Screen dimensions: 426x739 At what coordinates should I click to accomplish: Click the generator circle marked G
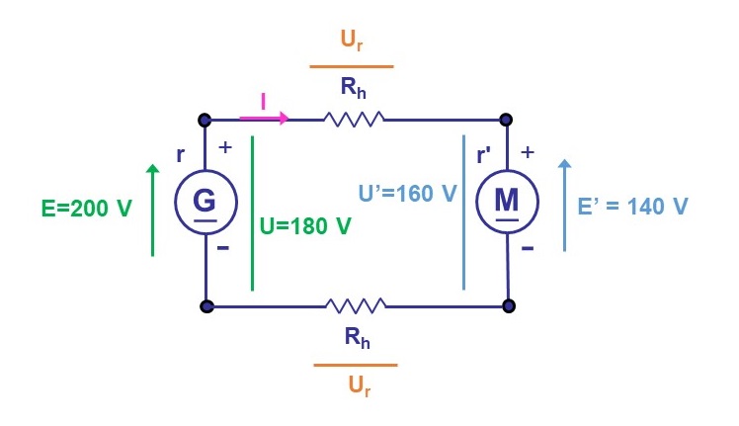pos(205,203)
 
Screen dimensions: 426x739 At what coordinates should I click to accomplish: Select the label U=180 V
pos(305,225)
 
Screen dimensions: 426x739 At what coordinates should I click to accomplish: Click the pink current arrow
pos(264,119)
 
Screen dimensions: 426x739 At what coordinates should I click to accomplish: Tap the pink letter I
pos(263,101)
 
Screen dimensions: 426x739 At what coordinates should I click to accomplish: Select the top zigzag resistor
pos(353,120)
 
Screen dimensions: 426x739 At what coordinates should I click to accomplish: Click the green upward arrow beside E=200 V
pos(152,210)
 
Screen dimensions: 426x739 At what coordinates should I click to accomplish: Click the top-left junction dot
pos(205,120)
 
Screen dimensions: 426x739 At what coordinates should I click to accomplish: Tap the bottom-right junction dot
pos(508,306)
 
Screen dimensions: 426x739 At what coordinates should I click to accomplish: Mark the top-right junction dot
pos(506,120)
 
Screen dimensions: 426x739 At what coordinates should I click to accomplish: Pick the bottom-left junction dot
pos(206,306)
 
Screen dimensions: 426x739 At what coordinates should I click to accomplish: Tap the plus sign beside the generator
pos(225,147)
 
